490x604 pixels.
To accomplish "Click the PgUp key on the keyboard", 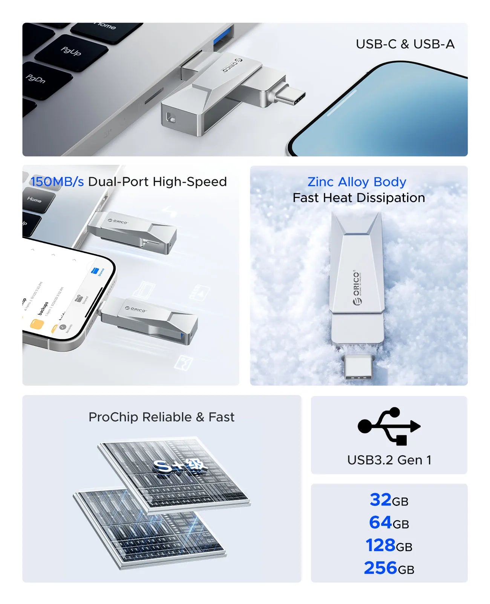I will click(70, 51).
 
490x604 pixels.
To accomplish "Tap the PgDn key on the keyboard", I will click(36, 79).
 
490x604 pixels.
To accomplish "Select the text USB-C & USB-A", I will click(405, 44).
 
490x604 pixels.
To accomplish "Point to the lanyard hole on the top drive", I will click(170, 118).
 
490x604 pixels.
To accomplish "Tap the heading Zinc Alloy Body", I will click(357, 182).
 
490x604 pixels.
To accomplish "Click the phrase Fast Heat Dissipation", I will click(358, 198).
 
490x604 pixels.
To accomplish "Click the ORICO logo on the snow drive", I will click(357, 287).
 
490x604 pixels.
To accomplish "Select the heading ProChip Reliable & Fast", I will click(161, 417).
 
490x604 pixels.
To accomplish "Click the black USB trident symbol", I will click(389, 426).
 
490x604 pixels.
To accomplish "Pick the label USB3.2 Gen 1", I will click(389, 460).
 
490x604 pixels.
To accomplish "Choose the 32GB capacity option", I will click(389, 500).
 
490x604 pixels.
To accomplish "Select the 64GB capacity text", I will click(389, 523).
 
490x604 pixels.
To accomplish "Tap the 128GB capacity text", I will click(389, 545).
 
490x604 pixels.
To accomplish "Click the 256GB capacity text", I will click(389, 568).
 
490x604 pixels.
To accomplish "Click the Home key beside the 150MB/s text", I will click(36, 200).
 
